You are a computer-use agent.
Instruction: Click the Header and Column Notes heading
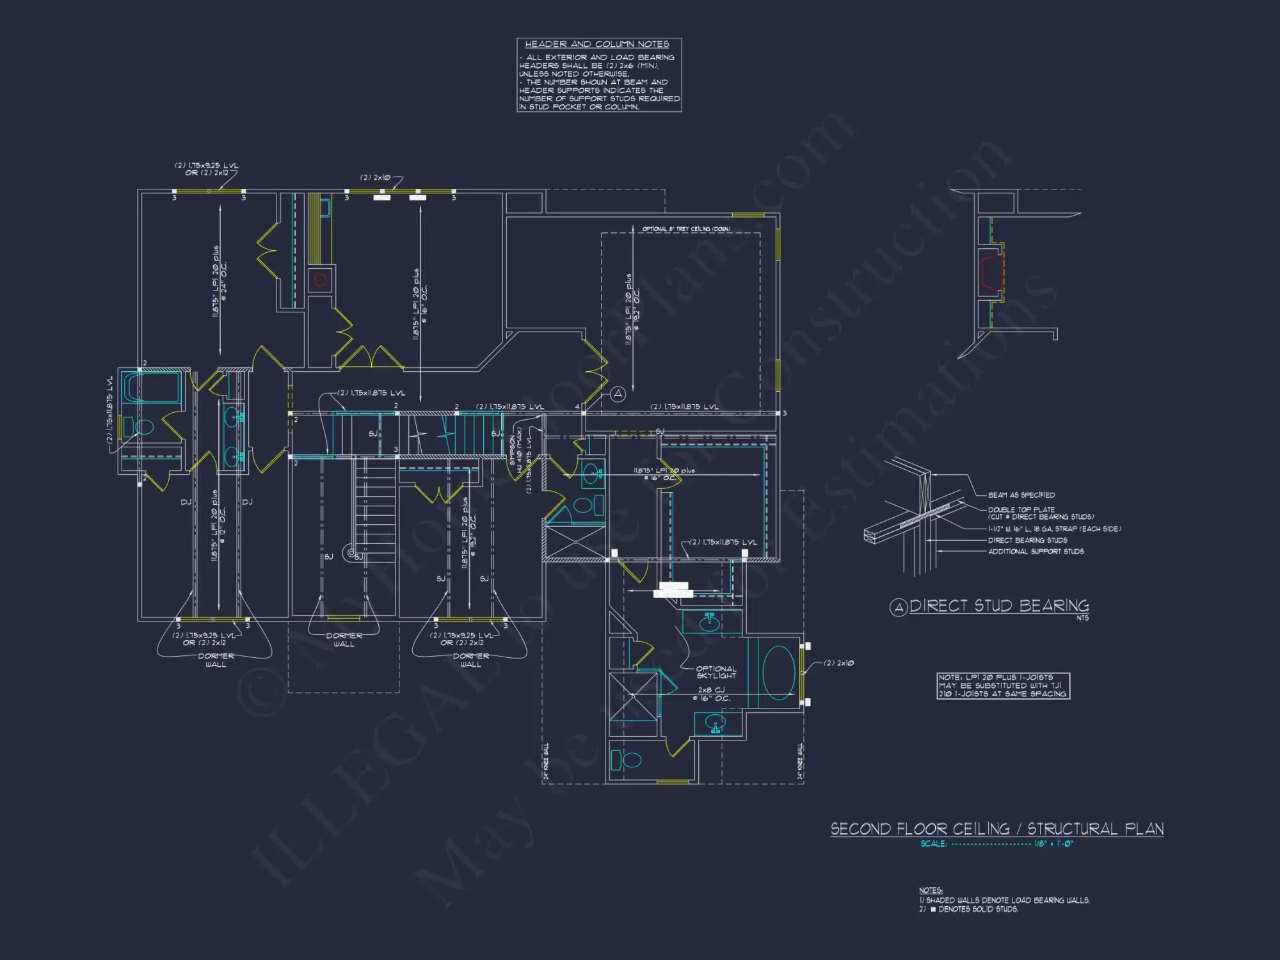(596, 44)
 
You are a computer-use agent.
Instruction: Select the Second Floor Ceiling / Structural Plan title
(996, 829)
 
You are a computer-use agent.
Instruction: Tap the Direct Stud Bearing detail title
(998, 605)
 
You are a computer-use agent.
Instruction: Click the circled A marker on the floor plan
(618, 394)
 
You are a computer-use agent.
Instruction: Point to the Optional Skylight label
(716, 672)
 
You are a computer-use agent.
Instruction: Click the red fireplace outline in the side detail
(991, 271)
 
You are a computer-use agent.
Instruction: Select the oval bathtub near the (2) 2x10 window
(778, 673)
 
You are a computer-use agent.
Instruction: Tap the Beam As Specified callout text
(1021, 495)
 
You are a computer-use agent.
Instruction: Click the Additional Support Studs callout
(1036, 551)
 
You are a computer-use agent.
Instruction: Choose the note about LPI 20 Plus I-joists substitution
(1002, 685)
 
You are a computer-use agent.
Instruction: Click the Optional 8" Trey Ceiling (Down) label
(686, 228)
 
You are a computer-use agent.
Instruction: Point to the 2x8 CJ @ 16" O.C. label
(711, 694)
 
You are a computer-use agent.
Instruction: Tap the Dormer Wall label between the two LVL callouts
(344, 639)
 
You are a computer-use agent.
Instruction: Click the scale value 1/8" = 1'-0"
(1053, 844)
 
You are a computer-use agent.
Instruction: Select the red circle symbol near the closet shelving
(320, 280)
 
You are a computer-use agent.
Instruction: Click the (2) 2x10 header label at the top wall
(375, 177)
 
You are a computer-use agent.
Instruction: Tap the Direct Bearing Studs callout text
(1027, 540)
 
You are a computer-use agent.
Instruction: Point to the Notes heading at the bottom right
(930, 890)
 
